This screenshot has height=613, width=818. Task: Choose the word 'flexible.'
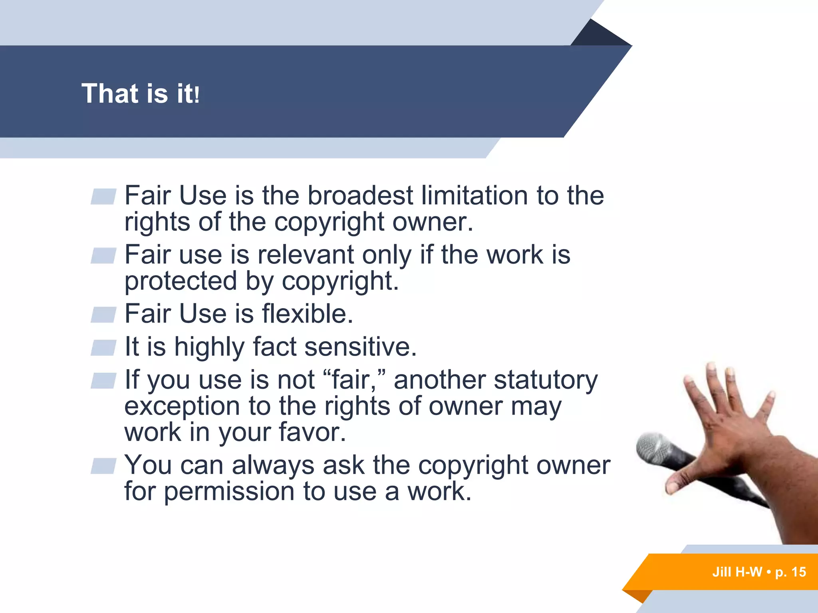(308, 314)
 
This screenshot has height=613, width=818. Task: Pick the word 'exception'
(182, 406)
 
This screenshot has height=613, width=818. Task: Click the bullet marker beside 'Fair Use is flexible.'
(103, 314)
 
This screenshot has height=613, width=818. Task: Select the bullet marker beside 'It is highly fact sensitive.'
(103, 348)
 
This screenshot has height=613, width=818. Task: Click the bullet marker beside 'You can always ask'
(103, 466)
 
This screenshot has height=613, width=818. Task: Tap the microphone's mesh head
(653, 449)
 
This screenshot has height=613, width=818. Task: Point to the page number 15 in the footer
(798, 572)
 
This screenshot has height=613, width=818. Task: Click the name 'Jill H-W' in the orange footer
(737, 572)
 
